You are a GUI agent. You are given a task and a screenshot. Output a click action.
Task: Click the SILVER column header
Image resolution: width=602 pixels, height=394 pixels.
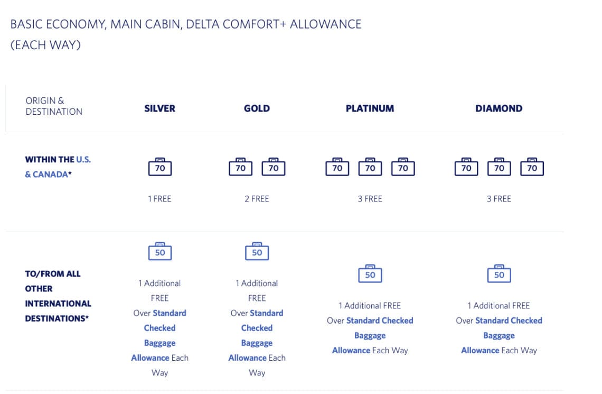point(159,108)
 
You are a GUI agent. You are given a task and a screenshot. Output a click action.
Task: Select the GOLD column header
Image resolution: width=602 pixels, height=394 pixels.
point(257,108)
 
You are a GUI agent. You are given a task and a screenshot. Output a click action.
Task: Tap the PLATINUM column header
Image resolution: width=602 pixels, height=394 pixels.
point(370,108)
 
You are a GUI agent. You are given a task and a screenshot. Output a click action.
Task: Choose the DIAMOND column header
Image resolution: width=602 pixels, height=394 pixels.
point(498,108)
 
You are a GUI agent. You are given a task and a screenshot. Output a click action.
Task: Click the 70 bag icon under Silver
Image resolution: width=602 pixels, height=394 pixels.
point(160,167)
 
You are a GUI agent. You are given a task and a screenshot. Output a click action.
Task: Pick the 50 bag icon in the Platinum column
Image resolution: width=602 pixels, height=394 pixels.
point(370,274)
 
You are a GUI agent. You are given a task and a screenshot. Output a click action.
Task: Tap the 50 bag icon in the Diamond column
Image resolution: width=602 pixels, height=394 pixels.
point(499,274)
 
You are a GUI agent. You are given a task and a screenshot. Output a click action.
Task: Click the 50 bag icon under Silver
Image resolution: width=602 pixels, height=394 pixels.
point(160,251)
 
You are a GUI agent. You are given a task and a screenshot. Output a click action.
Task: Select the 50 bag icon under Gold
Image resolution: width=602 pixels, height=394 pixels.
point(257,251)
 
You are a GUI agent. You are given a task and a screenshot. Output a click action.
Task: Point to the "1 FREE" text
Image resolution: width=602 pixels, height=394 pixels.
point(159,199)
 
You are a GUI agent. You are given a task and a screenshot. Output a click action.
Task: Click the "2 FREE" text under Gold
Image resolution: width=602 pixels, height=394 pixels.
point(257,199)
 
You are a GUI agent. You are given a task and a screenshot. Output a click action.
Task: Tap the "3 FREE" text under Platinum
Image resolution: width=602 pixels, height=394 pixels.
point(370,199)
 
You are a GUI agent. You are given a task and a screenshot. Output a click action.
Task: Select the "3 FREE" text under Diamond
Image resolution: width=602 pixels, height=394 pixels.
point(498,199)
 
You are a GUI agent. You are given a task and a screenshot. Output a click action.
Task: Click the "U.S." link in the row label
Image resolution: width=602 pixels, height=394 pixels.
point(83,160)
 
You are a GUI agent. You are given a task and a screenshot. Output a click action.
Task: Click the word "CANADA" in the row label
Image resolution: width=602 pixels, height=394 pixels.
point(50,175)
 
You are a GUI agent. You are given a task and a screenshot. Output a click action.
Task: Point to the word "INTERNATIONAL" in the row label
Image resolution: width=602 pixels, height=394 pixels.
point(58,304)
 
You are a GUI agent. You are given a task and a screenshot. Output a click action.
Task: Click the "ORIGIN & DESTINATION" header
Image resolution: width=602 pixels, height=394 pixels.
point(54,106)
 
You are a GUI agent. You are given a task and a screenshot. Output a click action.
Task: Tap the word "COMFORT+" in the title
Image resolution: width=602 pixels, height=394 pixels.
point(255,24)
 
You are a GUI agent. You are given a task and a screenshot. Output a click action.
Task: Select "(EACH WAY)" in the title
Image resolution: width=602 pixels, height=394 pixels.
point(45,45)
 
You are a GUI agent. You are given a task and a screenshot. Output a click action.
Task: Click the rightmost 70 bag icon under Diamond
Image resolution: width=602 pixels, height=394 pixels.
point(532,167)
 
